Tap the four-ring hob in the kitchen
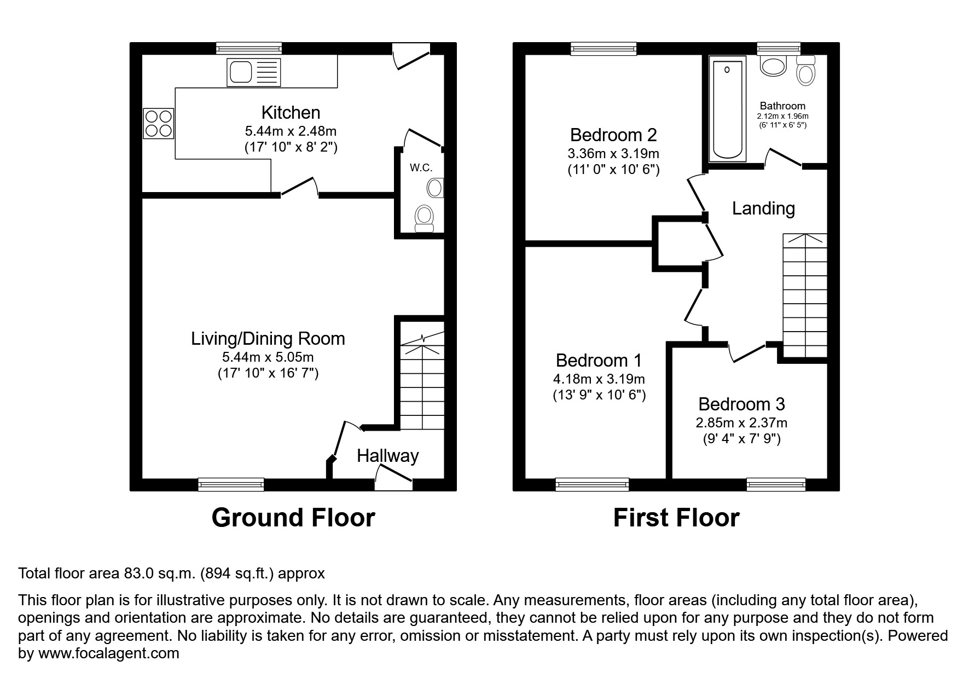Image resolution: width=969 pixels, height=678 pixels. click(x=158, y=123)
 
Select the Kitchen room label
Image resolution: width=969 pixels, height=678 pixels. click(x=291, y=113)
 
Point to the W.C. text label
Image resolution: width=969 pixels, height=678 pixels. click(x=421, y=168)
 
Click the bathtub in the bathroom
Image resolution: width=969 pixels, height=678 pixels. click(x=727, y=111)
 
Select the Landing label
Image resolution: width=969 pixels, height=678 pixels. click(x=763, y=208)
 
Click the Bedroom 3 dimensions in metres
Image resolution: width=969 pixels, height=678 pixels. click(x=741, y=422)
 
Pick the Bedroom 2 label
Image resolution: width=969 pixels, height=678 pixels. click(x=613, y=135)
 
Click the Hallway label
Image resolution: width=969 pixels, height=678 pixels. click(x=387, y=456)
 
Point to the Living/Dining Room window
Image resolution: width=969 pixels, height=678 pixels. click(x=231, y=484)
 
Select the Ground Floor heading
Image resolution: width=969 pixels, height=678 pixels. click(x=293, y=518)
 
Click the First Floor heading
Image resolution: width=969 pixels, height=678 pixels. click(x=676, y=518)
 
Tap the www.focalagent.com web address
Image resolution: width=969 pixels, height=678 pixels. click(x=108, y=653)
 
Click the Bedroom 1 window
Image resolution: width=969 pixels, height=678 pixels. click(x=592, y=484)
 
